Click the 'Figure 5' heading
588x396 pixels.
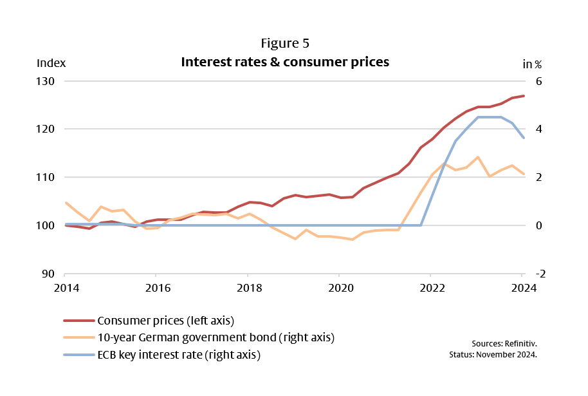click(x=285, y=44)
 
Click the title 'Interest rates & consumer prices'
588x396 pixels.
click(x=285, y=62)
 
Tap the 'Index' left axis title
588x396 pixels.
click(x=51, y=63)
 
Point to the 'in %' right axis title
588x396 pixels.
click(x=532, y=64)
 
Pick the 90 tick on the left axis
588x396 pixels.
click(x=50, y=274)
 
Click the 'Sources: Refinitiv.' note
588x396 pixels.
click(x=506, y=343)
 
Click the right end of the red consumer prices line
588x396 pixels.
click(x=524, y=96)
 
